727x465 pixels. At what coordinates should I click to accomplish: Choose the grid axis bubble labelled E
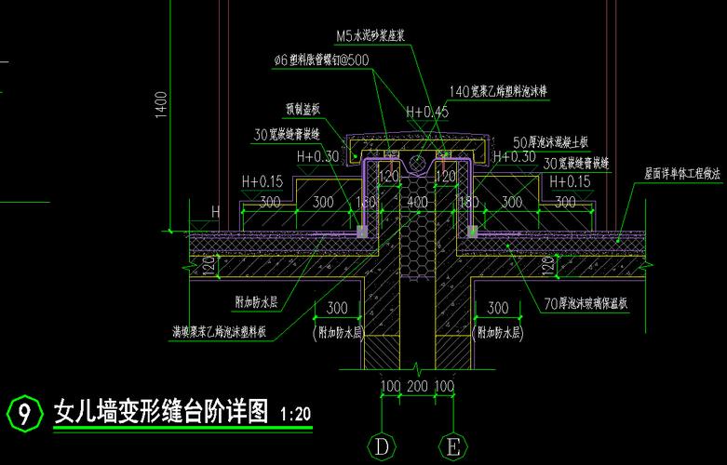[x=453, y=447]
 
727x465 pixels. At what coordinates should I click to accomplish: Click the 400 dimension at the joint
[x=417, y=202]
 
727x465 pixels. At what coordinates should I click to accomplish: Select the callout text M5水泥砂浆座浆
[x=374, y=37]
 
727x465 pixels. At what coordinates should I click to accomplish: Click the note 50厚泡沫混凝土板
[x=551, y=142]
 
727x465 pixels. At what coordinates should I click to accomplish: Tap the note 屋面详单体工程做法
[x=682, y=173]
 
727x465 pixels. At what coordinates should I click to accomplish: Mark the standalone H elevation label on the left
[x=216, y=212]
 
